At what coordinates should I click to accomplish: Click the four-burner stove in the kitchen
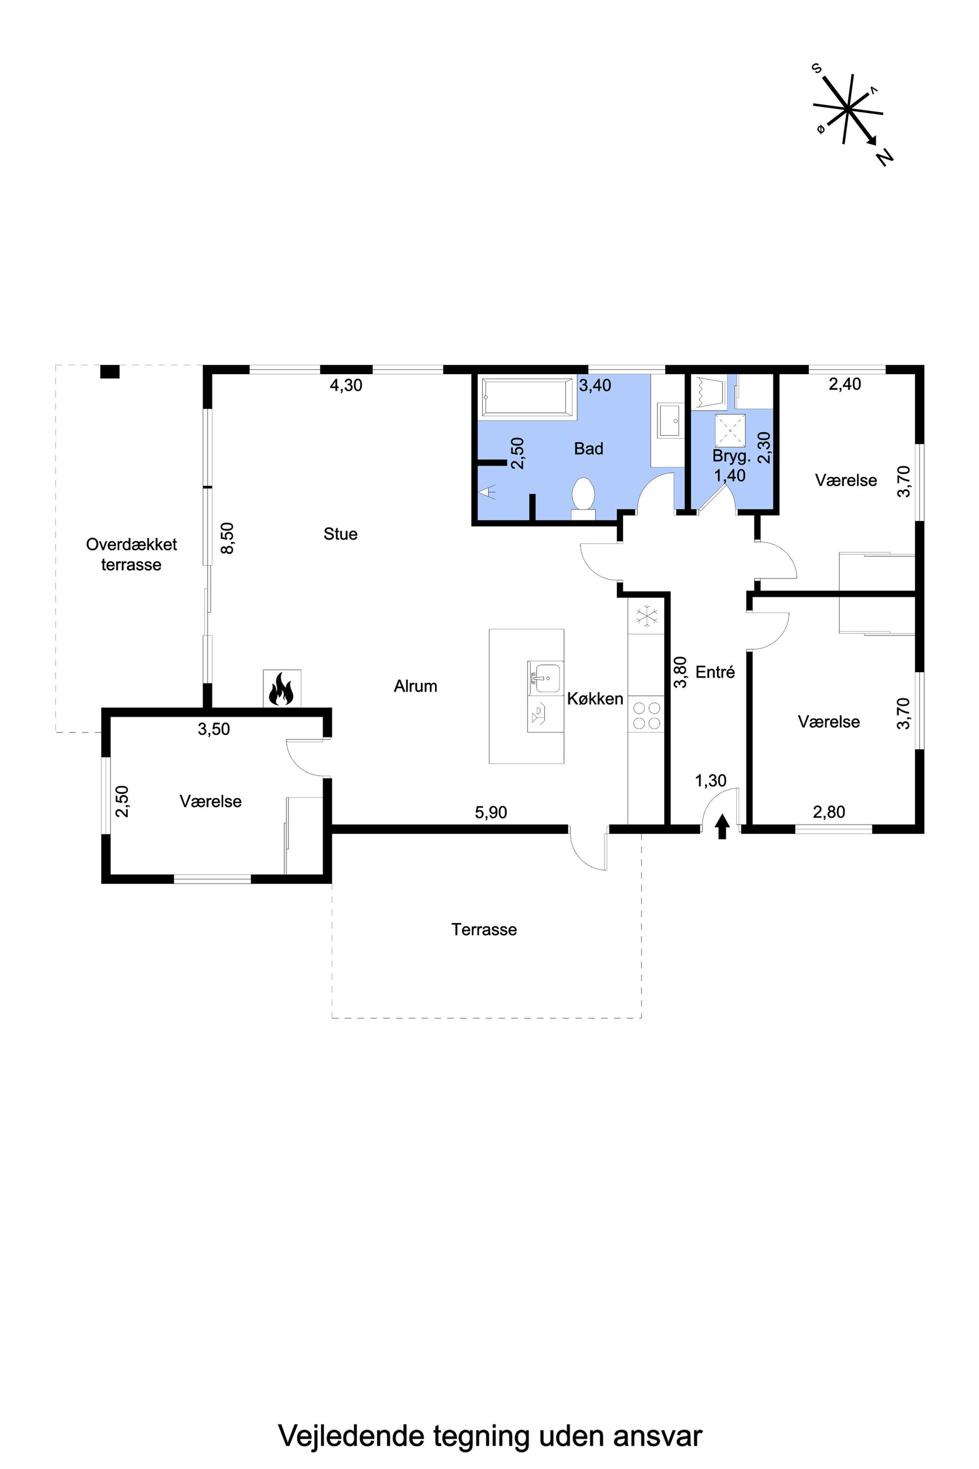(x=646, y=715)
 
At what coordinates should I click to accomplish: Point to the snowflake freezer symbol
(x=647, y=616)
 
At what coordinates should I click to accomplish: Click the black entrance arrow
(x=722, y=826)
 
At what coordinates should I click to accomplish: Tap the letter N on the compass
(x=885, y=157)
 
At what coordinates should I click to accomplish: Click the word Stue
(x=340, y=534)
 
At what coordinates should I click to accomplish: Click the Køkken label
(x=595, y=698)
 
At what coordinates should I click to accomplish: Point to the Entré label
(x=715, y=672)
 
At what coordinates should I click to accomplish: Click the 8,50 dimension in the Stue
(x=228, y=538)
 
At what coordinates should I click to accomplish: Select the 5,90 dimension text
(x=491, y=812)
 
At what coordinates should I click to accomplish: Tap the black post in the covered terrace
(x=110, y=372)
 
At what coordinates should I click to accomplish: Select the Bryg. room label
(x=732, y=456)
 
